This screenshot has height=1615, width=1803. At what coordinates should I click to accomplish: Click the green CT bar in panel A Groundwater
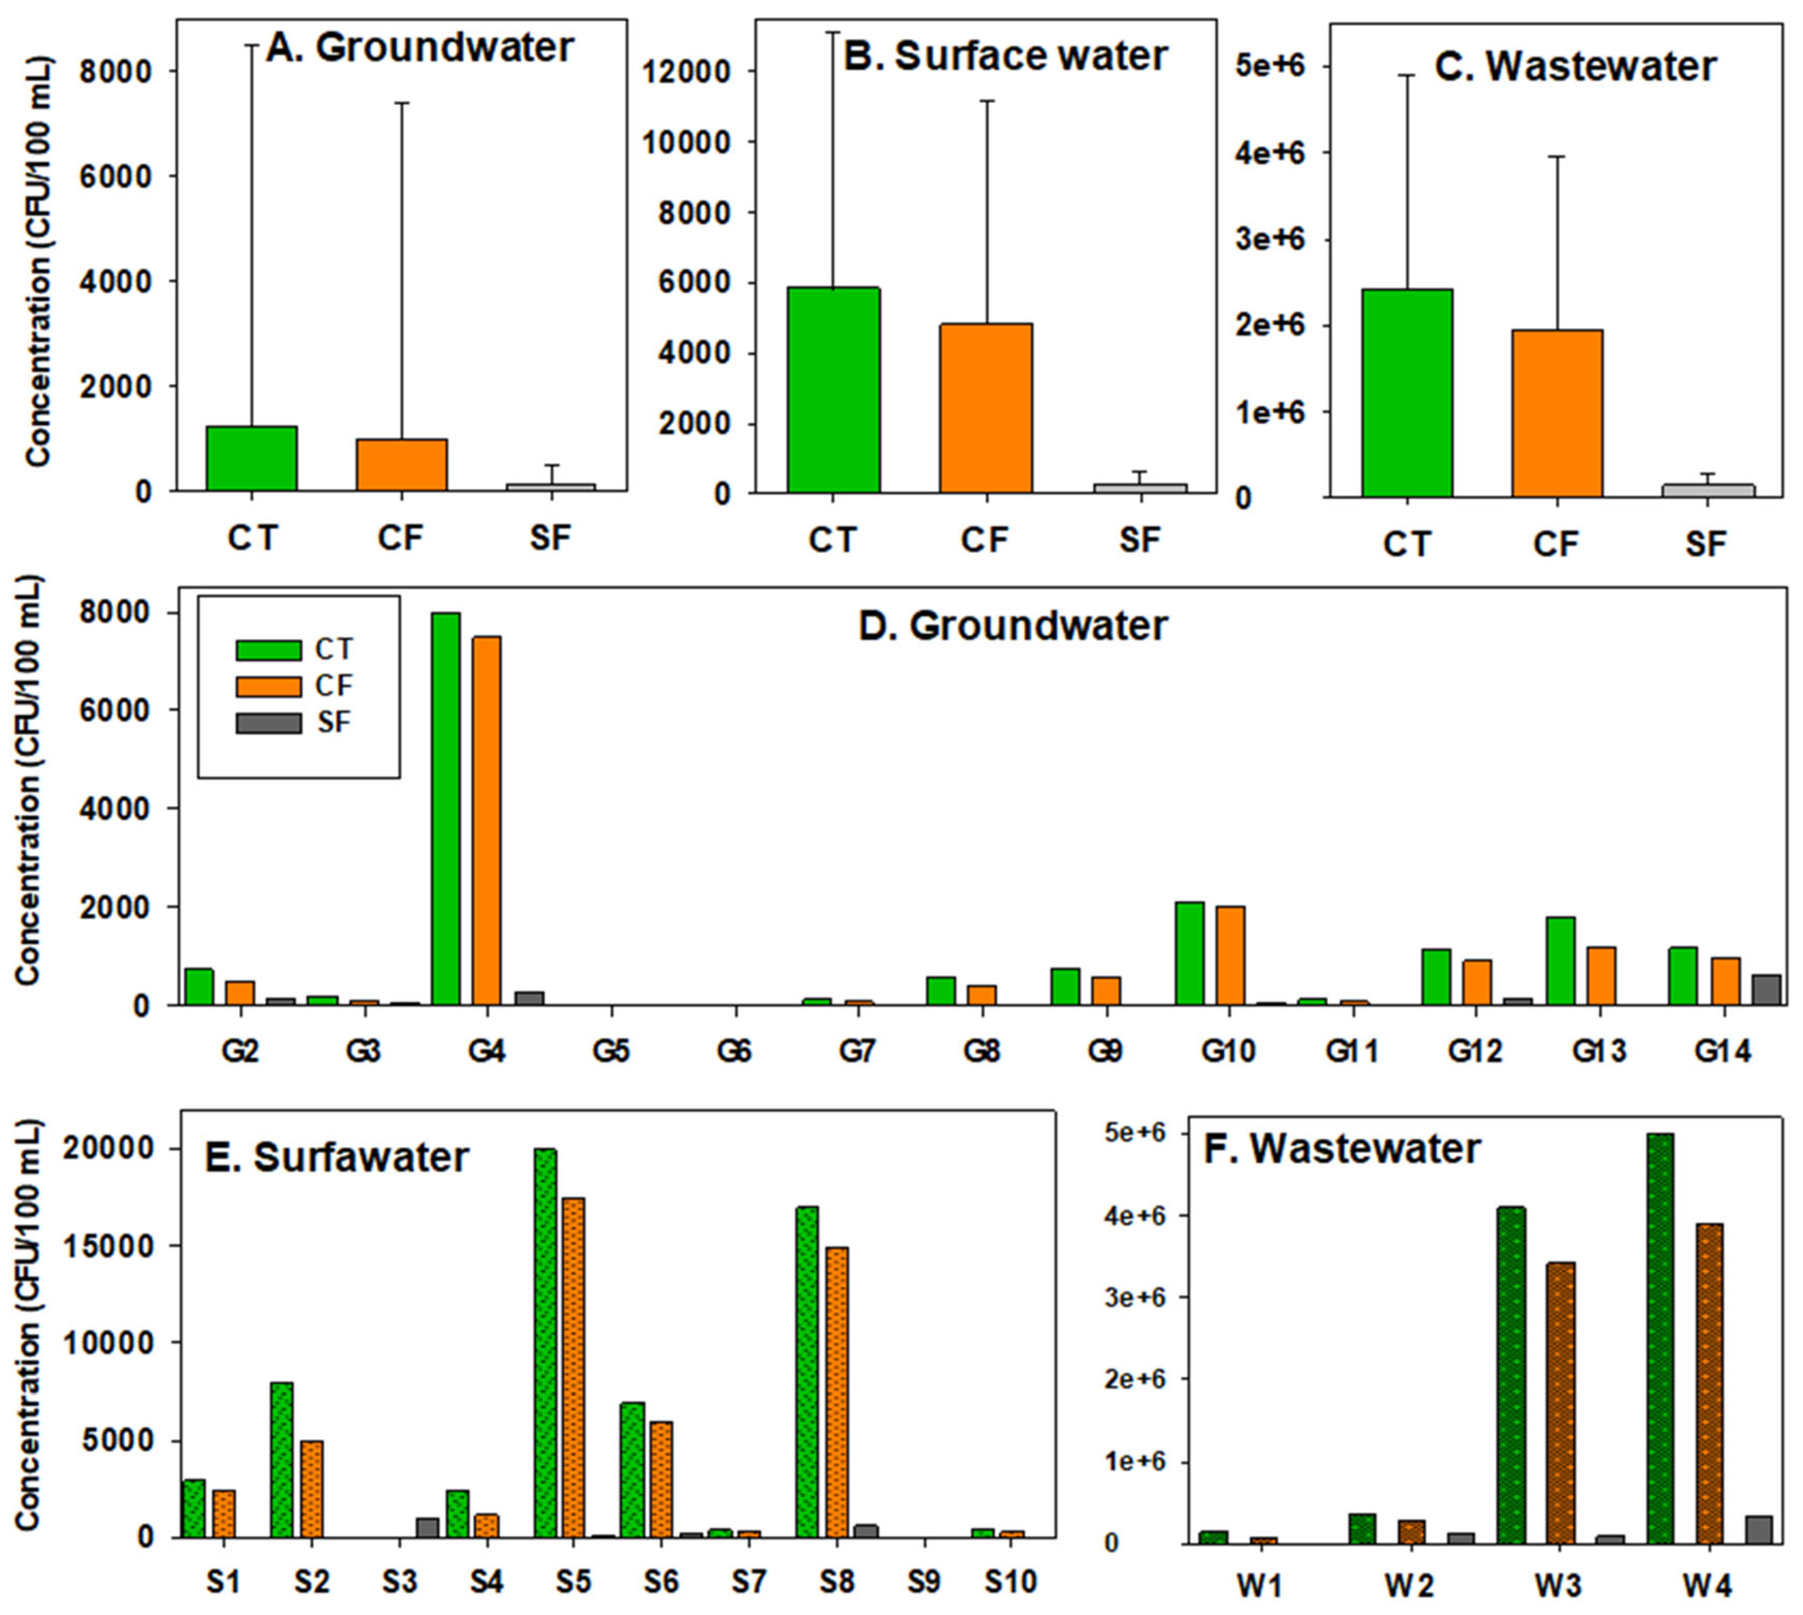[252, 458]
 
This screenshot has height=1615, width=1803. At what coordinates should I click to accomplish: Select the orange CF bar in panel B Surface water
[987, 408]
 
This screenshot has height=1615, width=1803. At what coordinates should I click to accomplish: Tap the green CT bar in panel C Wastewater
[1407, 393]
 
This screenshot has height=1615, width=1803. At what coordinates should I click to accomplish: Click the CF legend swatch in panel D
[268, 686]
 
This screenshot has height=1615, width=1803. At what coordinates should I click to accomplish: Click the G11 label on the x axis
[1352, 1051]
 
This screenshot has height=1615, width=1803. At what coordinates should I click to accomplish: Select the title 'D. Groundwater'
[1013, 626]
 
